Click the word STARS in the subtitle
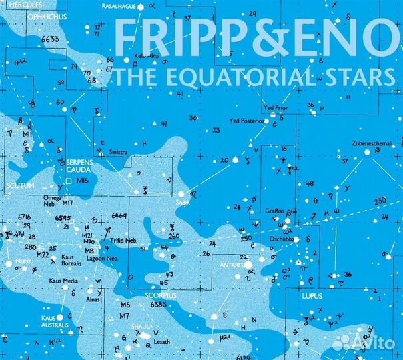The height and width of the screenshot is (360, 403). (x=362, y=77)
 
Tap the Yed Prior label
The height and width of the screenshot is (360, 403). (x=276, y=107)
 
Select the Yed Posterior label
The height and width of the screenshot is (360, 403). (x=247, y=121)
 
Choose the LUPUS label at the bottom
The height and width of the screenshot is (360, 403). (x=312, y=294)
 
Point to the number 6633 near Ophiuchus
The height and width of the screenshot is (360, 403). (x=50, y=39)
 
